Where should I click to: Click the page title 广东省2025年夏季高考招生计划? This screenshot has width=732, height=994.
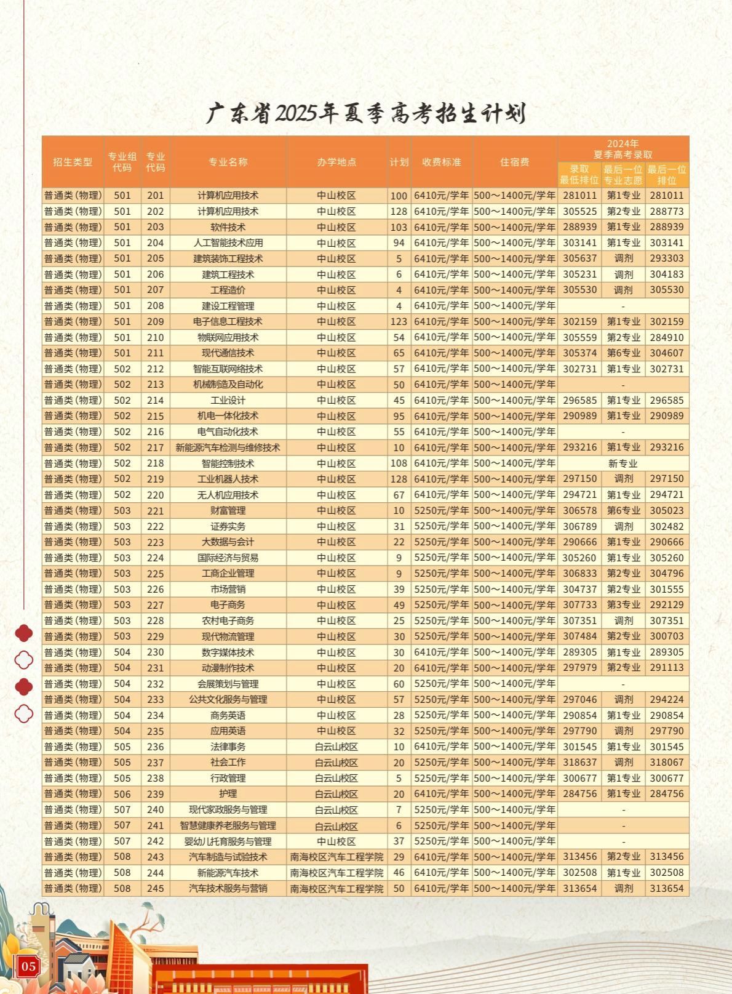(x=366, y=113)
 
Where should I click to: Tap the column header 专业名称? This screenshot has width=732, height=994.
(x=228, y=162)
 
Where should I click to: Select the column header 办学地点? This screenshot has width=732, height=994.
(x=336, y=162)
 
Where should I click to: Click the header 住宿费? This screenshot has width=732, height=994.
(x=515, y=162)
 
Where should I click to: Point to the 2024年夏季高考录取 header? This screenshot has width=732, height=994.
(x=623, y=149)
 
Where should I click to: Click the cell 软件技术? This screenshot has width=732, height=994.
(x=228, y=227)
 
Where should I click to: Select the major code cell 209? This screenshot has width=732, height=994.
(x=156, y=321)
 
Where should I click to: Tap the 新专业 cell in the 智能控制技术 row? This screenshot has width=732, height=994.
(x=623, y=463)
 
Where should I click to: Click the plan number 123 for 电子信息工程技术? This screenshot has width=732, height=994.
(x=399, y=321)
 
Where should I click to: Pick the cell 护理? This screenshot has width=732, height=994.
(x=228, y=794)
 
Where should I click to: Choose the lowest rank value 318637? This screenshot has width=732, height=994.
(x=579, y=763)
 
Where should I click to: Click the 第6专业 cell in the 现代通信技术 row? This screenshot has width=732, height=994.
(x=623, y=353)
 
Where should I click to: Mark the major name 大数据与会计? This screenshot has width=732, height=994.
(x=228, y=542)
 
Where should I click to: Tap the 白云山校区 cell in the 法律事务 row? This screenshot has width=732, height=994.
(x=336, y=747)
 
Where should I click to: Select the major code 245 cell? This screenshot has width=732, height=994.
(x=156, y=888)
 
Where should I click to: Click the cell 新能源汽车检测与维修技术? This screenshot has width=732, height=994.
(x=228, y=447)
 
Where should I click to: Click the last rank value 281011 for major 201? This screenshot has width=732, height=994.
(x=667, y=196)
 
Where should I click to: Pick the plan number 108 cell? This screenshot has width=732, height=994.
(x=399, y=463)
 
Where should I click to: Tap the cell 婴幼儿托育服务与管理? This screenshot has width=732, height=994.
(x=228, y=841)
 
